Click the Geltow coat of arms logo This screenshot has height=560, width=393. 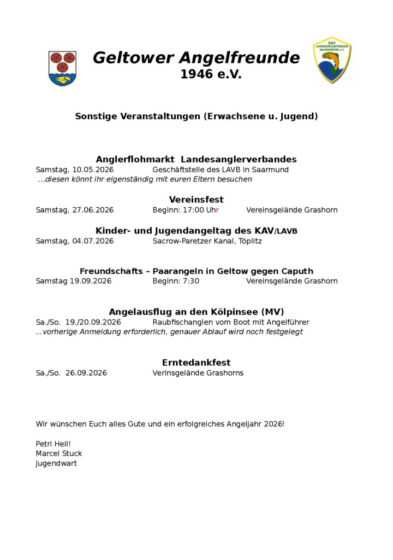pyautogui.click(x=63, y=68)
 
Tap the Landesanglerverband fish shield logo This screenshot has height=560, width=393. pyautogui.click(x=331, y=60)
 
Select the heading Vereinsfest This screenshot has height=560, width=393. pyautogui.click(x=196, y=200)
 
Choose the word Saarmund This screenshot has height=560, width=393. pyautogui.click(x=271, y=170)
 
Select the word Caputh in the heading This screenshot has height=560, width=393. pyautogui.click(x=297, y=271)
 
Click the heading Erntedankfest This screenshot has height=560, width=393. pyautogui.click(x=196, y=363)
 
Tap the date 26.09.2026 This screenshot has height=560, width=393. pyautogui.click(x=86, y=373)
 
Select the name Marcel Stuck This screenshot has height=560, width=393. pyautogui.click(x=59, y=453)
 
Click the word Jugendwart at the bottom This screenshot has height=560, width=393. pyautogui.click(x=56, y=463)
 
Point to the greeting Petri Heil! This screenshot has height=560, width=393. pyautogui.click(x=53, y=444)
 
